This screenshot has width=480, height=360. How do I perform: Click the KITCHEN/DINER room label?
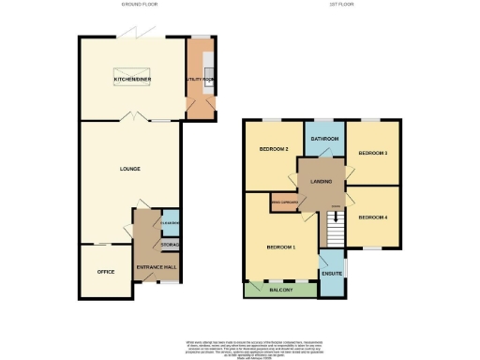pyautogui.click(x=132, y=81)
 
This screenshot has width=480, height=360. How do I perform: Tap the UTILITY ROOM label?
pyautogui.click(x=200, y=81)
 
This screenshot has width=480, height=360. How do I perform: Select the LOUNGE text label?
pyautogui.click(x=130, y=169)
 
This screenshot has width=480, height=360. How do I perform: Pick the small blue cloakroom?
pyautogui.click(x=170, y=222)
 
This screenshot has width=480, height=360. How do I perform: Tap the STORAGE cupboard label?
pyautogui.click(x=170, y=245)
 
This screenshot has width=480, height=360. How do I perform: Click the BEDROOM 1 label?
pyautogui.click(x=280, y=247)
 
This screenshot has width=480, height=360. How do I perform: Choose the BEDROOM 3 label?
pyautogui.click(x=372, y=153)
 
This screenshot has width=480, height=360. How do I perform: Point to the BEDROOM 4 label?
pyautogui.click(x=372, y=217)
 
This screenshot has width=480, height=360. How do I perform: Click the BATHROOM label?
pyautogui.click(x=325, y=139)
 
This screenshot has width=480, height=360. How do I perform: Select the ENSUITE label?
pyautogui.click(x=332, y=275)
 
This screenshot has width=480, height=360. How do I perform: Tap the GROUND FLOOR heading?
pyautogui.click(x=140, y=5)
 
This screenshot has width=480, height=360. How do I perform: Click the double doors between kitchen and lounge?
pyautogui.click(x=137, y=120)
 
